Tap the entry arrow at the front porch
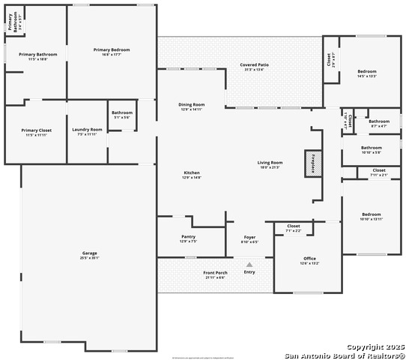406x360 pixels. pyautogui.click(x=249, y=264)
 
